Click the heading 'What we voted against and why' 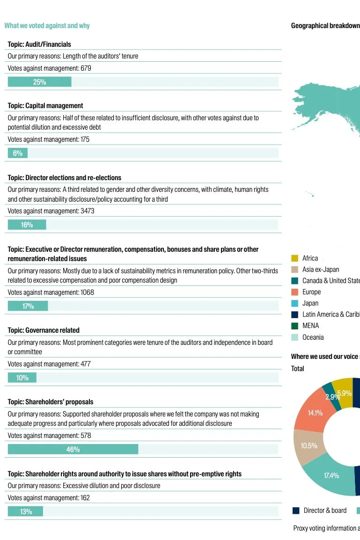click(x=47, y=26)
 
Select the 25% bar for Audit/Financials click(x=39, y=82)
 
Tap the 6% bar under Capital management click(x=18, y=153)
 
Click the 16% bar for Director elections click(x=27, y=225)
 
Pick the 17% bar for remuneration click(x=28, y=306)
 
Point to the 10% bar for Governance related click(x=22, y=378)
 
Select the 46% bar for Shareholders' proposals click(x=73, y=449)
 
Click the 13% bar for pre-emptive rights click(x=25, y=511)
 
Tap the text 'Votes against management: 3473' click(x=51, y=211)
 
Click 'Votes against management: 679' click(x=49, y=68)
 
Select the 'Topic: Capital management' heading click(x=45, y=106)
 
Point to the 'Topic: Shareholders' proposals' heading click(x=51, y=402)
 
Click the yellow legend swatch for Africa click(x=294, y=258)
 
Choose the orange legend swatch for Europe click(x=294, y=292)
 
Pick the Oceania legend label click(x=313, y=337)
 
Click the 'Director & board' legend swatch click(x=296, y=511)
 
